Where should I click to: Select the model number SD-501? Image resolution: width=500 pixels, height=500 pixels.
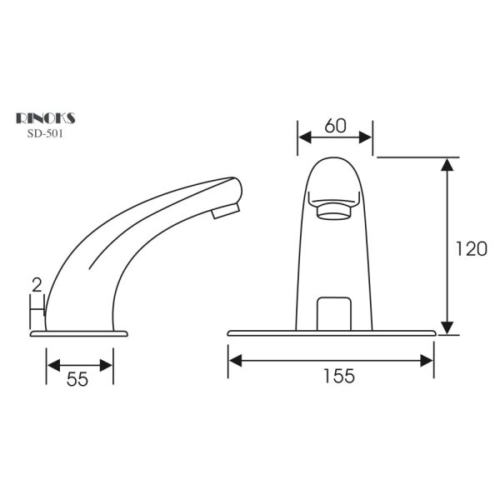click(46, 132)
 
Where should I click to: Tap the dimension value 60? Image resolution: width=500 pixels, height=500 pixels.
click(335, 126)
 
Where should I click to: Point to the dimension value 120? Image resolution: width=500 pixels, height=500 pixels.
click(471, 247)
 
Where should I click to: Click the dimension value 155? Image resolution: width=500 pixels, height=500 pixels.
click(337, 377)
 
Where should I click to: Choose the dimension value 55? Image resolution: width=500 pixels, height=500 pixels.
click(77, 379)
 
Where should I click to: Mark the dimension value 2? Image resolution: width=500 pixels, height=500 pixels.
click(36, 285)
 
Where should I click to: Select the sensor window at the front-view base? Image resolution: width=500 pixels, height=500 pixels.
click(335, 312)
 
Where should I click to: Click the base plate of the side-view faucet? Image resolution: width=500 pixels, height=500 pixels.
click(80, 334)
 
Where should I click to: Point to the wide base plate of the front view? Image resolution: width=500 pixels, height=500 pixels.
click(332, 333)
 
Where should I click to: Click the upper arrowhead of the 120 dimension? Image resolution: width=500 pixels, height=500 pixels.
click(448, 164)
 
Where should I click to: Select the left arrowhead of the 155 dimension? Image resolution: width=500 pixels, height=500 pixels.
click(235, 360)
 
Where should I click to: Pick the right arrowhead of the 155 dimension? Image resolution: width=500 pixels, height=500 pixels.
click(427, 360)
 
